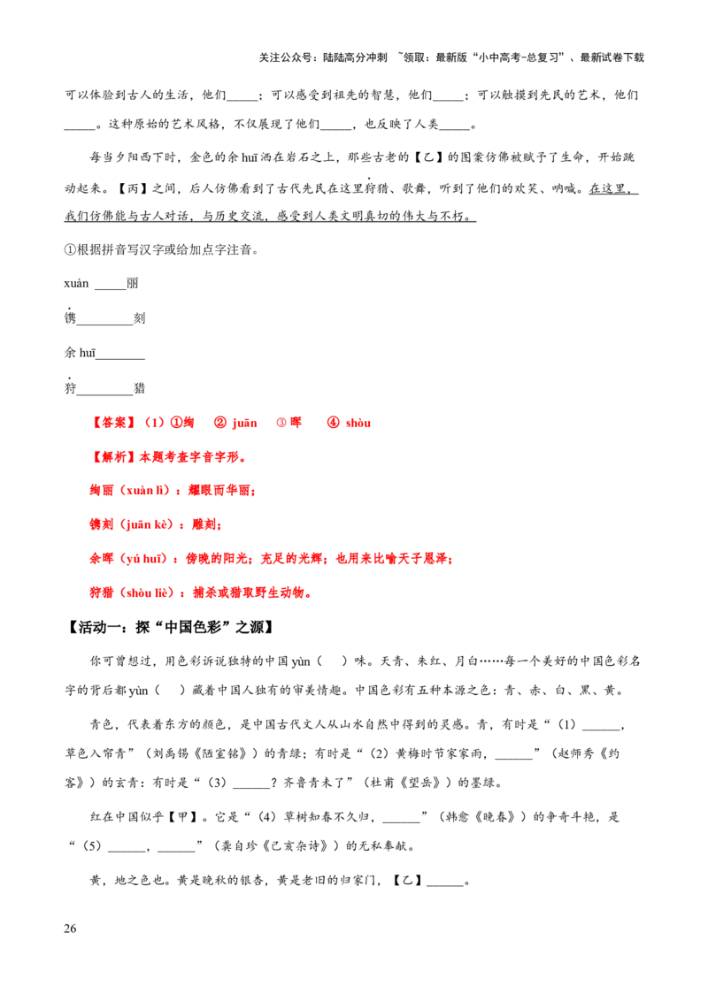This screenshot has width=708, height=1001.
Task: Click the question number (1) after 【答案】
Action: pyautogui.click(x=154, y=424)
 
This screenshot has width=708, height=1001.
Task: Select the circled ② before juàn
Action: pyautogui.click(x=220, y=424)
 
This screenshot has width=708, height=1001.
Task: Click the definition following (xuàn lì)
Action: pyautogui.click(x=220, y=490)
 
